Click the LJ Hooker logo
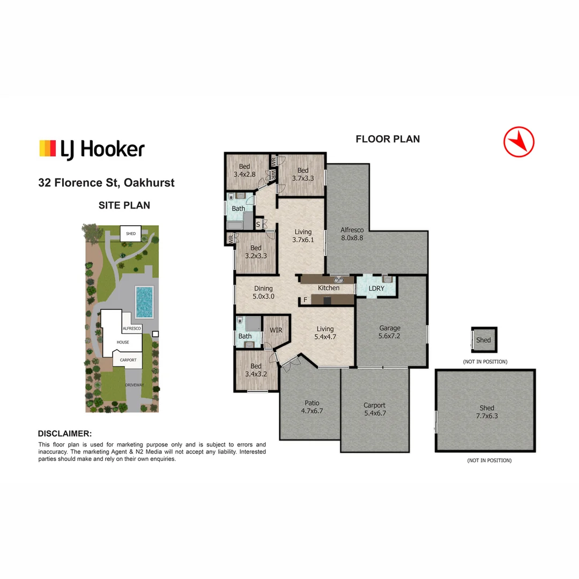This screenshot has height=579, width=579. [92, 149]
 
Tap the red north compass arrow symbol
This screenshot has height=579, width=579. [519, 142]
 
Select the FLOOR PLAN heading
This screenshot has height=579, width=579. [388, 139]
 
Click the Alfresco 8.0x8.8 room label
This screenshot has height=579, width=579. [352, 234]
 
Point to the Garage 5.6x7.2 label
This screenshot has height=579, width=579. [390, 332]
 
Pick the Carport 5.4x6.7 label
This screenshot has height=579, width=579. [374, 409]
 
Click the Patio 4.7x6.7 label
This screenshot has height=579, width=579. [311, 407]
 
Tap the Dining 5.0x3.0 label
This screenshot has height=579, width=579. [263, 292]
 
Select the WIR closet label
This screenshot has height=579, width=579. [276, 330]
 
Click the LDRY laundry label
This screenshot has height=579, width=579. [376, 288]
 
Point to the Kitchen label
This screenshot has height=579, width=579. [329, 288]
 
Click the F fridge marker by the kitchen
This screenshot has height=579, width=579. [305, 300]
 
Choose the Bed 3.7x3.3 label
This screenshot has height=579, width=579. [303, 174]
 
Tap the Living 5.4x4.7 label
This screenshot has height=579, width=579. [325, 333]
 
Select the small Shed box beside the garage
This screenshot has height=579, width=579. [484, 340]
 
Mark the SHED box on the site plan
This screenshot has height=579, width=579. [131, 234]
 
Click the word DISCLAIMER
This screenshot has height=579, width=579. [65, 434]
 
